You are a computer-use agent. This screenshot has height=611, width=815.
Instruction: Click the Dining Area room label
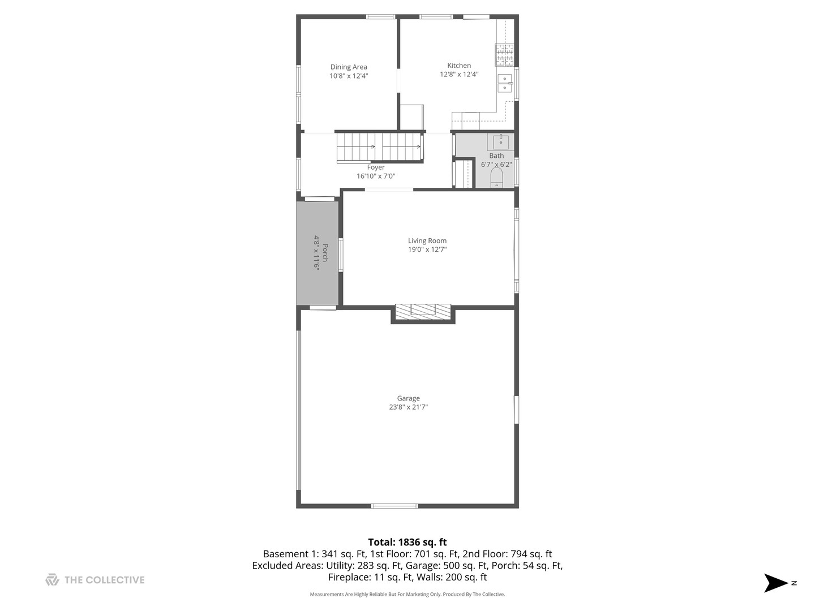349,67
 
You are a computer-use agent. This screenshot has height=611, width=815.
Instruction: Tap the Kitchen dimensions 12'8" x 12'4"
459,74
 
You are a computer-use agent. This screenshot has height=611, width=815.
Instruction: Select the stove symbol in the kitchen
504,55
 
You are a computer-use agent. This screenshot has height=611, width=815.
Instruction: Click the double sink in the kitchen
504,83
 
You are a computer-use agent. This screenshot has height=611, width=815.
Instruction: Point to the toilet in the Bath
496,178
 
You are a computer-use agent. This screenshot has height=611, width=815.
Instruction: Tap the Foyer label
376,167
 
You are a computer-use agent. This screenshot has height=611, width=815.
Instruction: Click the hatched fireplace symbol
423,311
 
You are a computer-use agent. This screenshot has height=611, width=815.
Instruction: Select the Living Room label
427,240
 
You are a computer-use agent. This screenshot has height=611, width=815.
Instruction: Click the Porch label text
325,253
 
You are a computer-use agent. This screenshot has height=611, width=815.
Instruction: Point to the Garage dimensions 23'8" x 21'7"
408,407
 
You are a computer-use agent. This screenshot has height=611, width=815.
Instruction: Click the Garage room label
408,398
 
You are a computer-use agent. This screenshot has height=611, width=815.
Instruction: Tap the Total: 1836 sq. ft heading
407,542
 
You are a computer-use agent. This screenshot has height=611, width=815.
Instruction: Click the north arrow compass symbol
776,583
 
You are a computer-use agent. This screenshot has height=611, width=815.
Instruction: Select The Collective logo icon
52,580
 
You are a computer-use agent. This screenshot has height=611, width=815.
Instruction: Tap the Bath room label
496,156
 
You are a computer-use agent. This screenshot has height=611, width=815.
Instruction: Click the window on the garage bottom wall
394,506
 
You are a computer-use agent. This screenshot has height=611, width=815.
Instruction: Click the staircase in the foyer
379,147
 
